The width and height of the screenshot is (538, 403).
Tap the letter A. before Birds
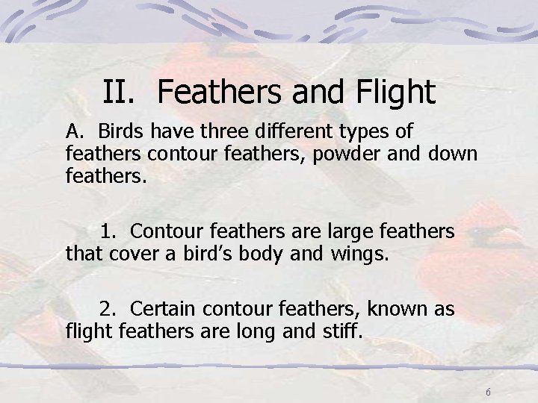(75, 133)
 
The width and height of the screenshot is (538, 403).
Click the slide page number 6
(488, 392)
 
